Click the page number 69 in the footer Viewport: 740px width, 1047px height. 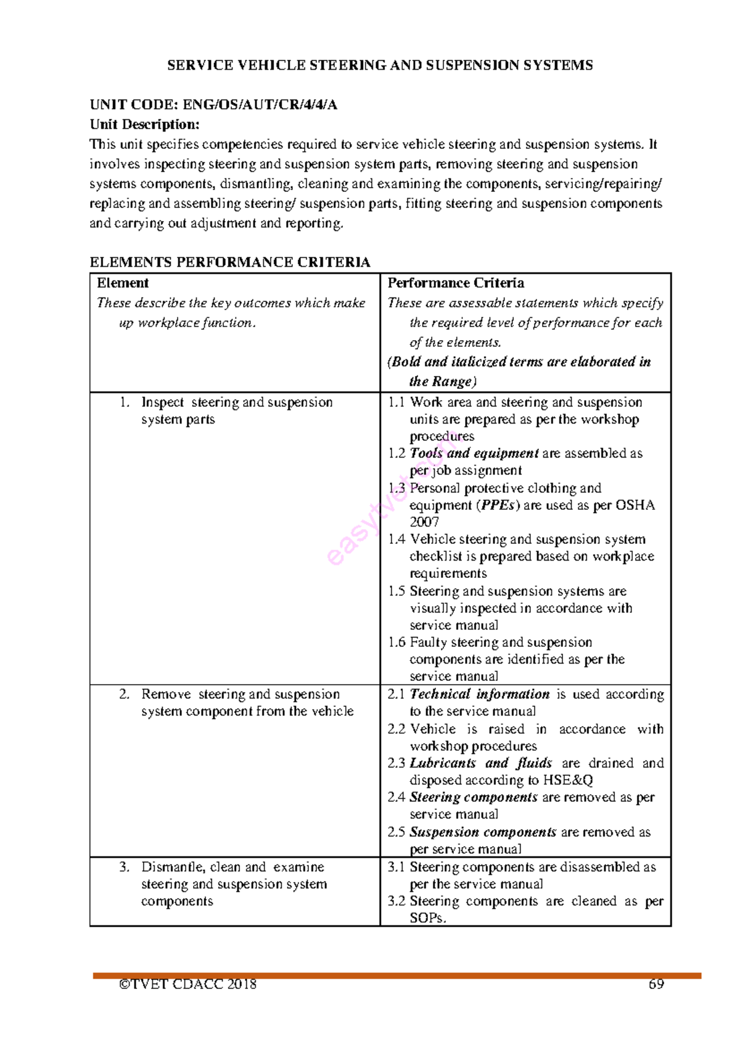(656, 984)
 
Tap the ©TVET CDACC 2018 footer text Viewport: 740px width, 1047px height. (187, 984)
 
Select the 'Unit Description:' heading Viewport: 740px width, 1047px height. (144, 124)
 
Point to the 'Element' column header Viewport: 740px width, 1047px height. (123, 283)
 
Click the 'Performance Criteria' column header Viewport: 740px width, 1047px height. (456, 283)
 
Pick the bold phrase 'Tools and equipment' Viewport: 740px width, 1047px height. (474, 453)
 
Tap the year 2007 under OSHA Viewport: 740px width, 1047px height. (424, 522)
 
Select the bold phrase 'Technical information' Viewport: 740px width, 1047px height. (479, 694)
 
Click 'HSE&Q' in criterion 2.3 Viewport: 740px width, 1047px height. (567, 780)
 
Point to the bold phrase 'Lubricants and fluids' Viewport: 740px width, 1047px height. (480, 763)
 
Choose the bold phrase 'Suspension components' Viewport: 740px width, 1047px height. (483, 832)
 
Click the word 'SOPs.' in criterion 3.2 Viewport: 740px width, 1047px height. (427, 918)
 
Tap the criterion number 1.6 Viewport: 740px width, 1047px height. (397, 643)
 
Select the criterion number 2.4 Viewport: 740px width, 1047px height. (396, 798)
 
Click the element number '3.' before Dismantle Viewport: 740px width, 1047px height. (125, 867)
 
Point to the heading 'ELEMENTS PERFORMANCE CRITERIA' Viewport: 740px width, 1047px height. (229, 262)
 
